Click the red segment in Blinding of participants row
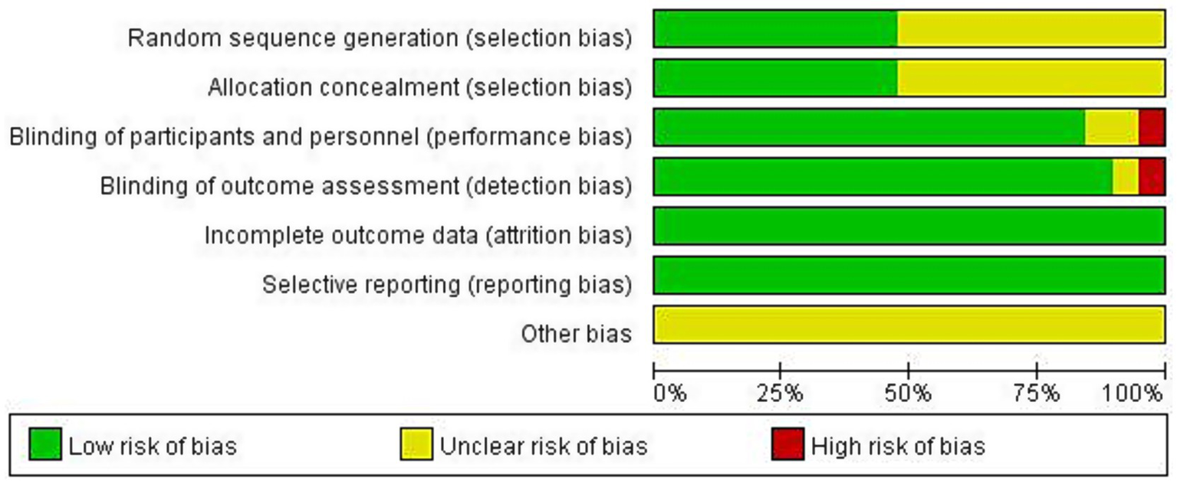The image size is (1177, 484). point(1151,127)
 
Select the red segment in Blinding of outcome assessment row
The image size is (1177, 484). point(1151,177)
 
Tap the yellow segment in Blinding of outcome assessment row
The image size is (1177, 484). point(1125,177)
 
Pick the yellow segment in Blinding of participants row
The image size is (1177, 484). point(1111,127)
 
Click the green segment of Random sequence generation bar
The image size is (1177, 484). point(774,29)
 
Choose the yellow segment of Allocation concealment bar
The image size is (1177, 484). point(1031,78)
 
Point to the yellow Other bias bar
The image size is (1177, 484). point(909,325)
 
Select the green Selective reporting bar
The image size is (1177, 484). point(909,276)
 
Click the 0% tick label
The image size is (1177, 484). point(669,394)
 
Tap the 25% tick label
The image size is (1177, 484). point(780,394)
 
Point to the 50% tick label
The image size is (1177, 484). point(908,394)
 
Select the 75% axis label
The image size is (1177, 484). point(1036,394)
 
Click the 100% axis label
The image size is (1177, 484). point(1133,394)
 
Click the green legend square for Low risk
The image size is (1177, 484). point(45,444)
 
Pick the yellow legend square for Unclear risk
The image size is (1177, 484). point(416,444)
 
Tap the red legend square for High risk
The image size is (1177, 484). point(787,444)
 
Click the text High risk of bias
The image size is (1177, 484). point(897,446)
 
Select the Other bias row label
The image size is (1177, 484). point(576,334)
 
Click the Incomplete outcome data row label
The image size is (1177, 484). point(418,236)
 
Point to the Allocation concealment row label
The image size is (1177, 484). point(419,88)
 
